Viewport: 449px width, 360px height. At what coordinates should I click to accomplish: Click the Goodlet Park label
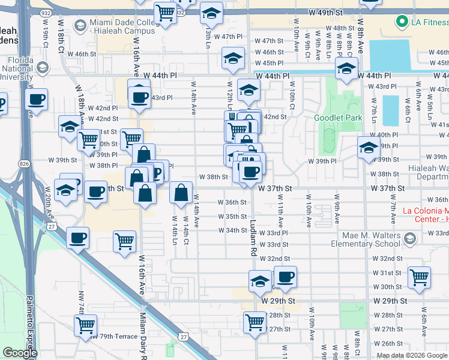(x=338, y=118)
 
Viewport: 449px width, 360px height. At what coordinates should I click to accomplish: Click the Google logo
(x=19, y=353)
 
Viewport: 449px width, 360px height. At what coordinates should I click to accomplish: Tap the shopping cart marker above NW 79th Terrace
(x=86, y=325)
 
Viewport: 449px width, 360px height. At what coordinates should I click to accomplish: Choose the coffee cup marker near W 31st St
(x=286, y=277)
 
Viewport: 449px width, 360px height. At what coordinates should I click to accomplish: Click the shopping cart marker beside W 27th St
(x=255, y=321)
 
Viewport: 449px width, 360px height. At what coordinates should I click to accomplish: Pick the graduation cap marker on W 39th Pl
(x=369, y=147)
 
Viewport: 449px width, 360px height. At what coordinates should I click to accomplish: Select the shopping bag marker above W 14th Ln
(x=181, y=193)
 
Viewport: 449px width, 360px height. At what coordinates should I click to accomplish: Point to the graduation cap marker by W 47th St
(x=233, y=58)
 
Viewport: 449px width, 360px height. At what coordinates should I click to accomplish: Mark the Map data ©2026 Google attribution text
(x=412, y=355)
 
